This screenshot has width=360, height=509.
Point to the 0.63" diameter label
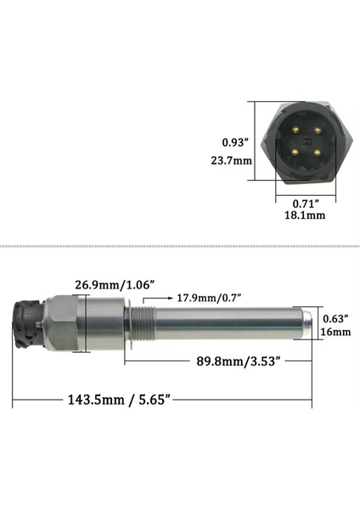(336, 318)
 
